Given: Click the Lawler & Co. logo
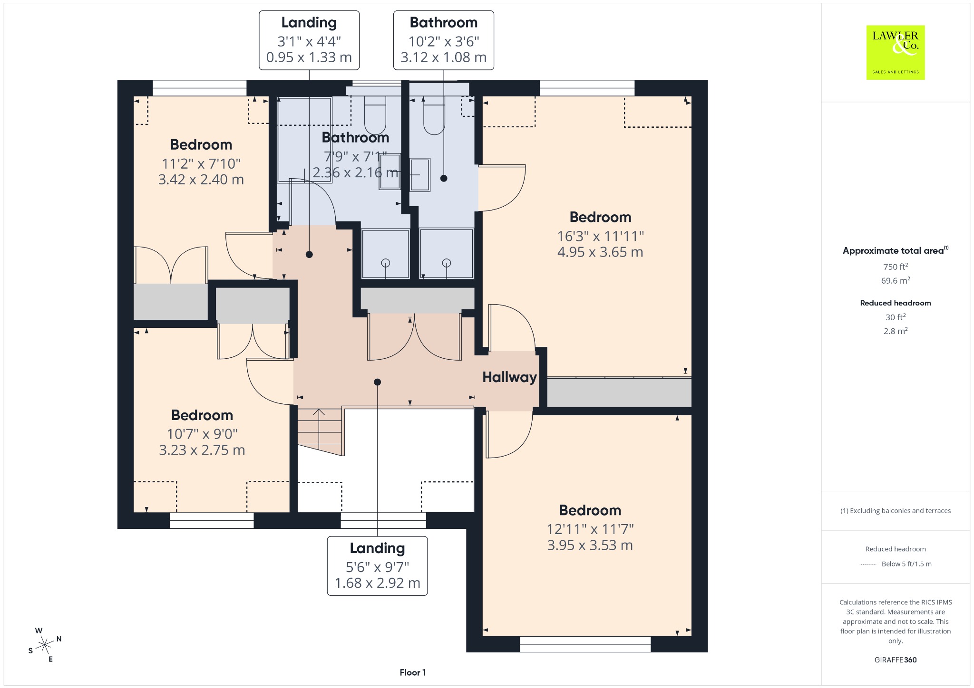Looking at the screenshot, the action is (x=896, y=52).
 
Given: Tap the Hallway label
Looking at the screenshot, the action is (x=509, y=377).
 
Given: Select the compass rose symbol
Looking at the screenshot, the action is (x=45, y=645).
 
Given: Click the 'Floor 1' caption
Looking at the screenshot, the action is (x=413, y=672).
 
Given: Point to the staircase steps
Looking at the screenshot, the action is (x=320, y=430).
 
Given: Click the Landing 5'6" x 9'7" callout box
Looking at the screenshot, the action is (x=377, y=566).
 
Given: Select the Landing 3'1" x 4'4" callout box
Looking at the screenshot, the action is (x=309, y=40).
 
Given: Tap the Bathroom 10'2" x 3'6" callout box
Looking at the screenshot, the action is (x=444, y=40).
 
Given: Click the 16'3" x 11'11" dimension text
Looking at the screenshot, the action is (x=600, y=236).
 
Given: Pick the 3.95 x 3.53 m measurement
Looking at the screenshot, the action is (x=590, y=545).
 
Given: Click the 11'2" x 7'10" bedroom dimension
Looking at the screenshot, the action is (x=201, y=164).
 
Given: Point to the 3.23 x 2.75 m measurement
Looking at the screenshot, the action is (x=202, y=450).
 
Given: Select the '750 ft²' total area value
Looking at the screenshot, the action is (x=896, y=267).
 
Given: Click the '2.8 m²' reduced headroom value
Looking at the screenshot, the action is (x=896, y=331).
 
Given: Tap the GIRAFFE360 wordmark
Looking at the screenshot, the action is (x=896, y=659).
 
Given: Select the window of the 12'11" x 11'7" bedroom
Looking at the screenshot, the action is (x=585, y=644).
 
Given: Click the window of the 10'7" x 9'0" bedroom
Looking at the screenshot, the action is (x=212, y=520).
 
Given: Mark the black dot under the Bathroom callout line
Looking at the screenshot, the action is (x=444, y=179).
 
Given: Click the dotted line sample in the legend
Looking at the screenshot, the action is (x=868, y=564).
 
